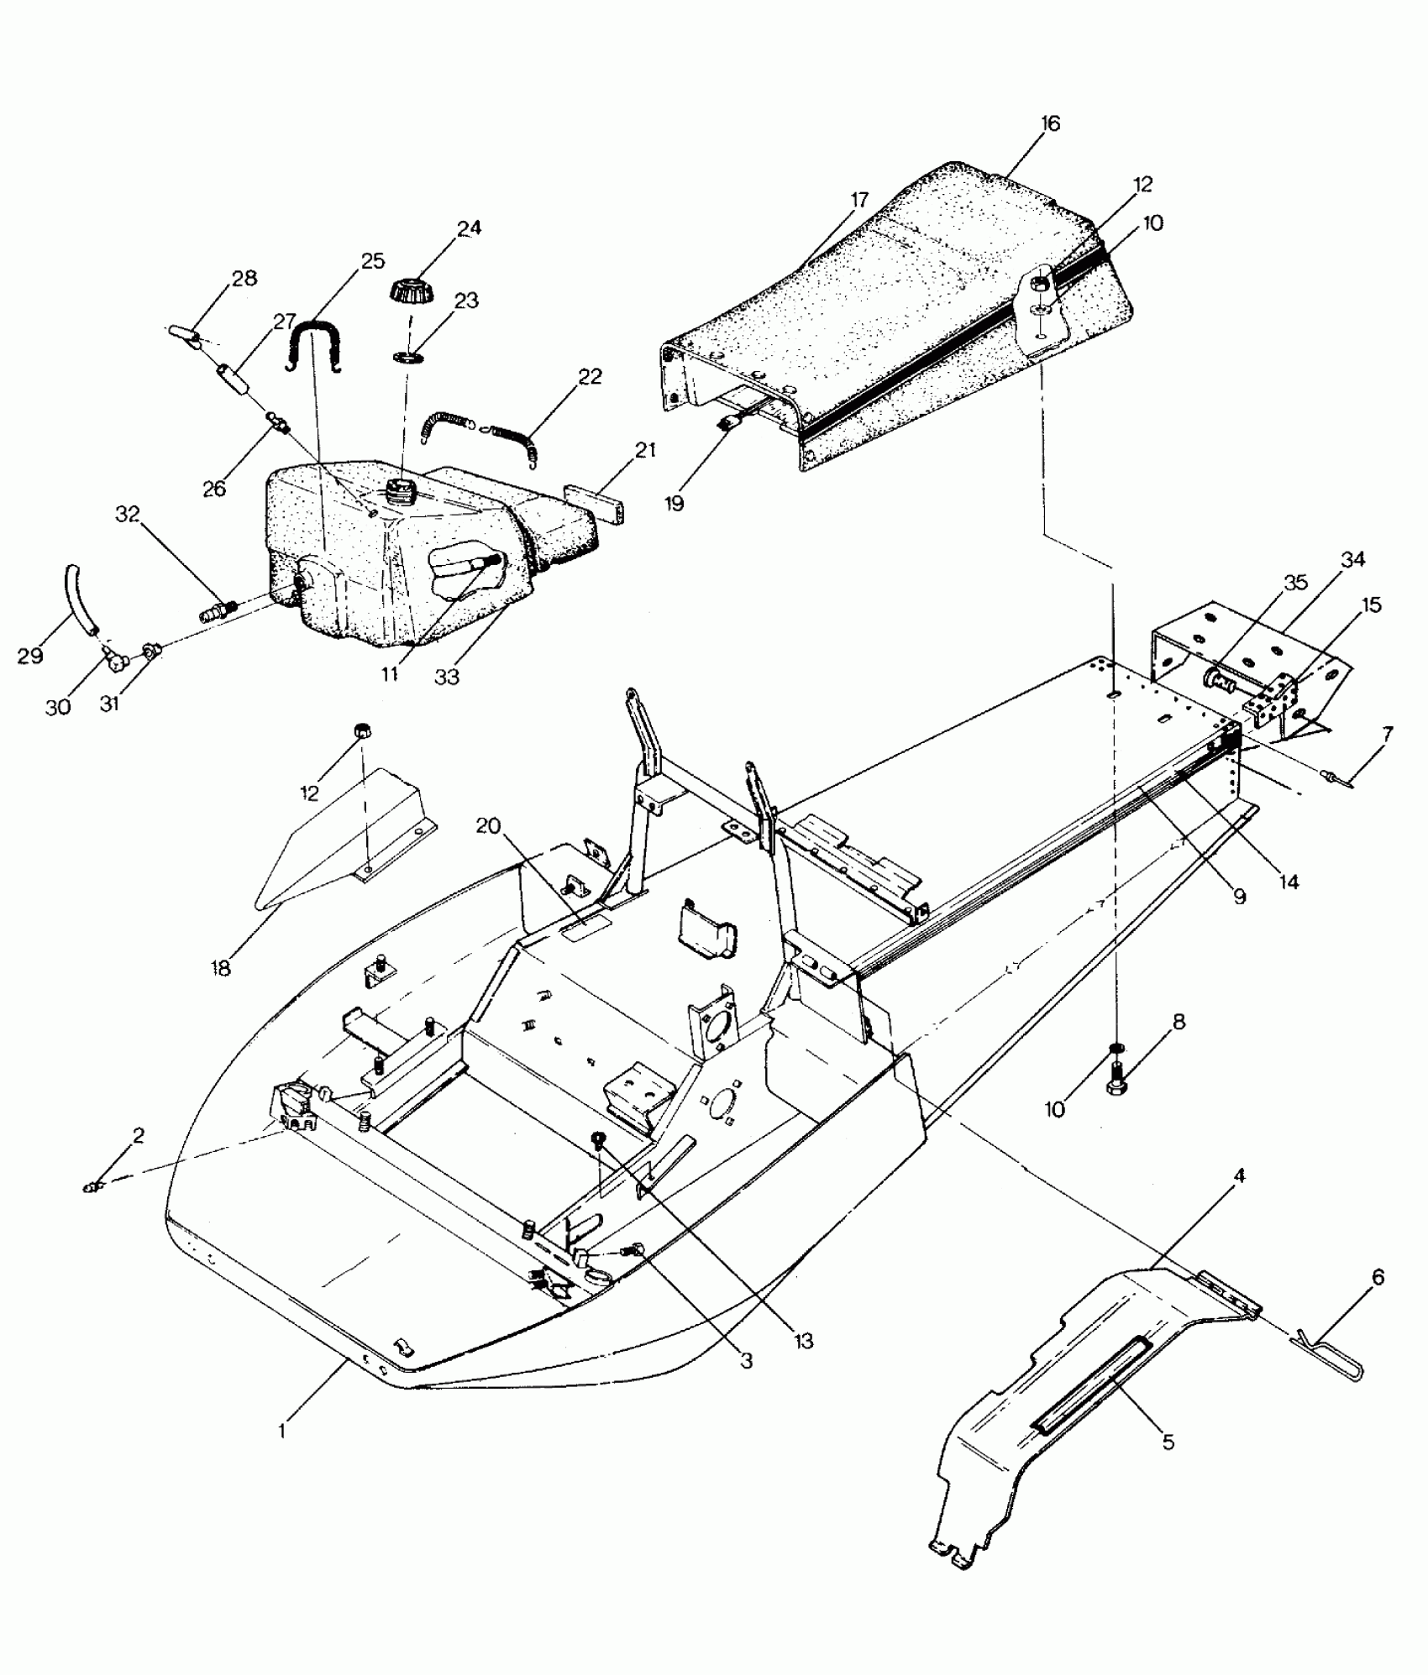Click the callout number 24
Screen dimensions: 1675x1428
469,228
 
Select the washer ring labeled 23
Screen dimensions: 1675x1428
409,359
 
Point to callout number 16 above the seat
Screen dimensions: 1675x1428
1050,124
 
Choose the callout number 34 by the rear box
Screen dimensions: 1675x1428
1353,559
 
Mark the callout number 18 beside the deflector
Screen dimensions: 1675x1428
222,968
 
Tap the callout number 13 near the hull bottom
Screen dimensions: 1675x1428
803,1341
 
